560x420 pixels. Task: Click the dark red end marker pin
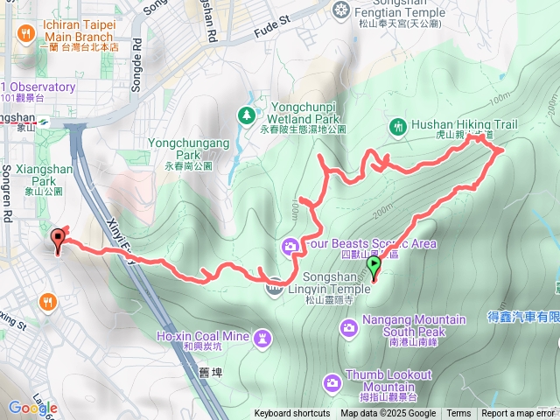(59, 240)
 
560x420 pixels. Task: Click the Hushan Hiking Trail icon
(398, 125)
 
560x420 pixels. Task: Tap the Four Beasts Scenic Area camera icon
(290, 248)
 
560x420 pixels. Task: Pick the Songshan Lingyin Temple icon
(275, 283)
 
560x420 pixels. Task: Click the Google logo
(32, 408)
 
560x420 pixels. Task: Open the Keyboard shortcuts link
(292, 414)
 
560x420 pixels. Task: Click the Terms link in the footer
(458, 414)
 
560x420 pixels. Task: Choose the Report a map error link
(518, 414)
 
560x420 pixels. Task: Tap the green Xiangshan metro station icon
(42, 122)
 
